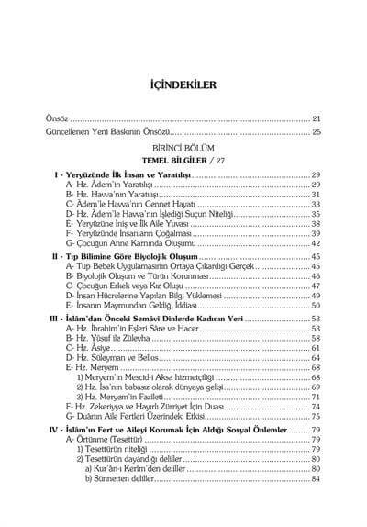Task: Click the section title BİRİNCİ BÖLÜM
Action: [183, 147]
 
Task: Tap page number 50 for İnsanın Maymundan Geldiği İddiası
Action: [315, 306]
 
